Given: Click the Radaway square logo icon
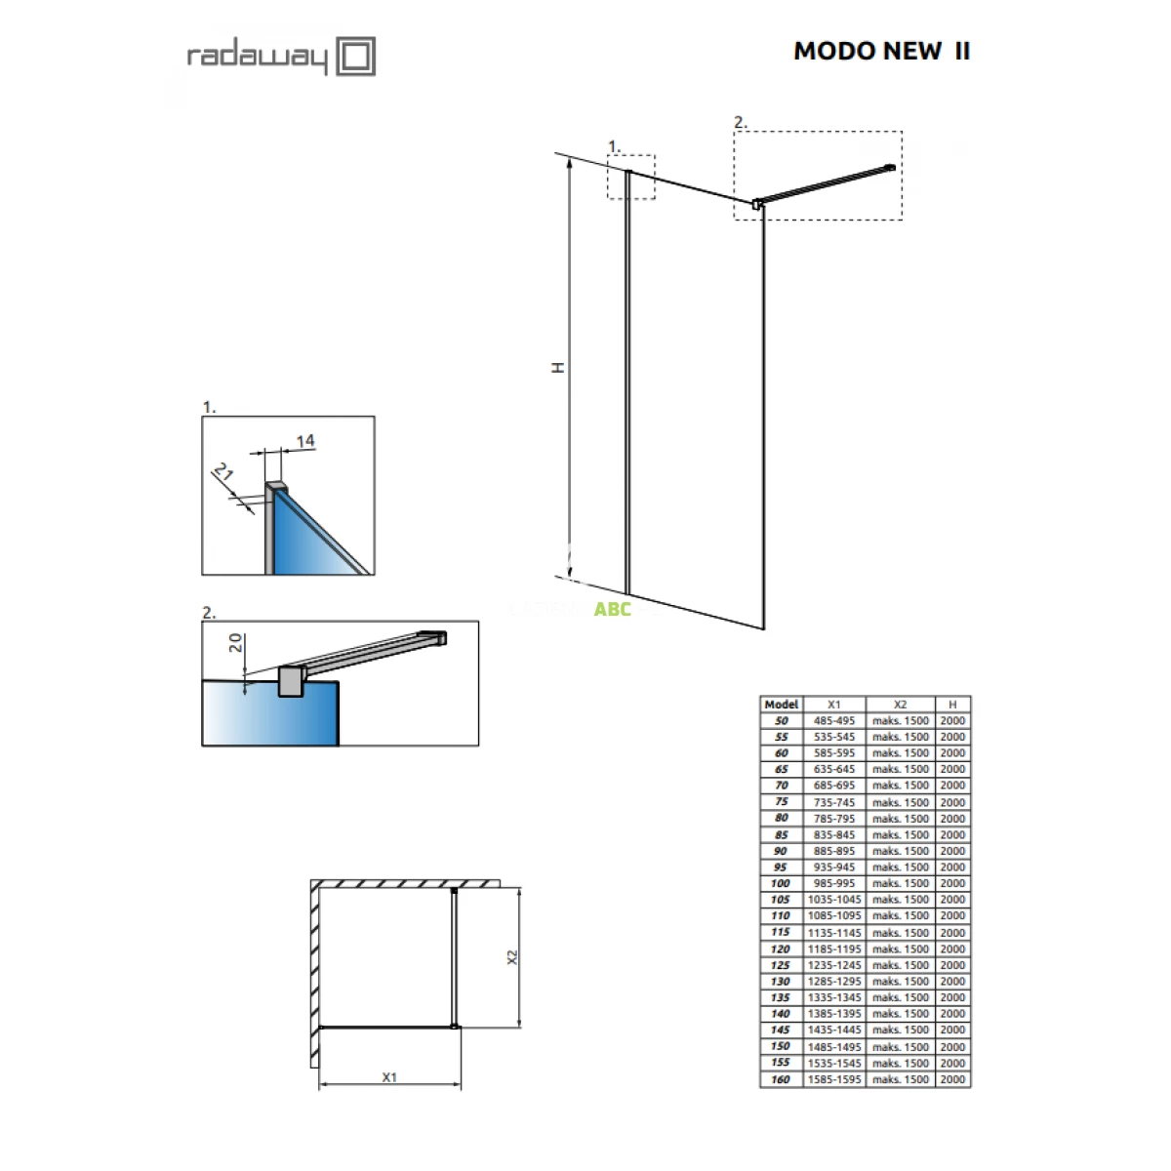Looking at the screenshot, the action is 355,56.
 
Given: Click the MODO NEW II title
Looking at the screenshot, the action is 881,51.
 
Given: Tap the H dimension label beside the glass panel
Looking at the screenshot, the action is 558,367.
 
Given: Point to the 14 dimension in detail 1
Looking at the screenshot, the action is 305,440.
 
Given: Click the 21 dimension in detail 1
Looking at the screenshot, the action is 223,471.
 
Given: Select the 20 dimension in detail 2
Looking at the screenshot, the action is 235,642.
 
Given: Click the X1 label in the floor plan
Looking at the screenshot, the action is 389,1076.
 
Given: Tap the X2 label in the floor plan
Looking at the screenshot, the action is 512,957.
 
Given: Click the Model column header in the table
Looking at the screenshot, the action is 781,705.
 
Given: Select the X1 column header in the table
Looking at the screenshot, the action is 833,705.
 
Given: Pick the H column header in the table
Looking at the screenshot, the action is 952,705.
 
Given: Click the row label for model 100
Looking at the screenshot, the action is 781,883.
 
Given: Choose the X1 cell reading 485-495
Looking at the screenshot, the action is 833,721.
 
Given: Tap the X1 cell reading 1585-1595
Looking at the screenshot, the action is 833,1079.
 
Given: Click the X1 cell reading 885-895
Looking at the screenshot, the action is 833,851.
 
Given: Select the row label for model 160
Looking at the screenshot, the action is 781,1079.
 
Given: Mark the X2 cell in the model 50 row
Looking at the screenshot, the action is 900,721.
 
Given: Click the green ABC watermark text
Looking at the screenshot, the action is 612,609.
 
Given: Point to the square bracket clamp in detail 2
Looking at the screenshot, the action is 291,681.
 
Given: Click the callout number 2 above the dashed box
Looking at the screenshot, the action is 740,122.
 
